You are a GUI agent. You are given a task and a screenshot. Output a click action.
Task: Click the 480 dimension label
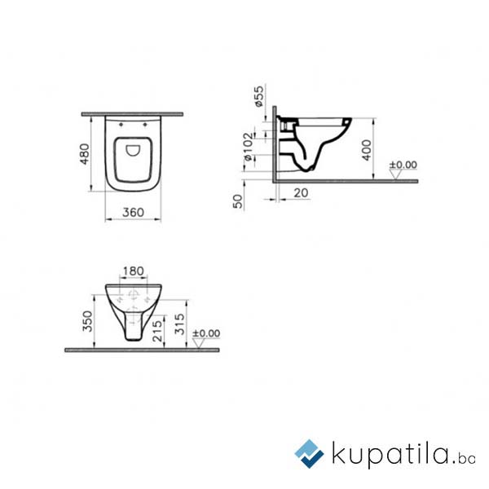click(x=85, y=154)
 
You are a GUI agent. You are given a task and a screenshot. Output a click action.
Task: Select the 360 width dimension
click(x=133, y=213)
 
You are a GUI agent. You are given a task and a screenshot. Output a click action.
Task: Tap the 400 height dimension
click(x=367, y=150)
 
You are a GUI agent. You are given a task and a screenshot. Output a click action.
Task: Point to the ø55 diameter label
click(x=259, y=96)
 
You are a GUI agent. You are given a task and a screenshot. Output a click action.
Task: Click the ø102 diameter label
click(x=249, y=147)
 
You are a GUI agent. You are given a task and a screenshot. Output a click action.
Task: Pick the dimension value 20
click(x=301, y=192)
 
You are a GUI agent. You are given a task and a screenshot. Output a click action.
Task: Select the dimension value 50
click(x=238, y=201)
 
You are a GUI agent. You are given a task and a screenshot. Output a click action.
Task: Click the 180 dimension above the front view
click(x=133, y=271)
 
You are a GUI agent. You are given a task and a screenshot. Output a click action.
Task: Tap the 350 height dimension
click(x=88, y=321)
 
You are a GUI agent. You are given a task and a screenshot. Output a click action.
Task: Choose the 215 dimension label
click(x=157, y=330)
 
